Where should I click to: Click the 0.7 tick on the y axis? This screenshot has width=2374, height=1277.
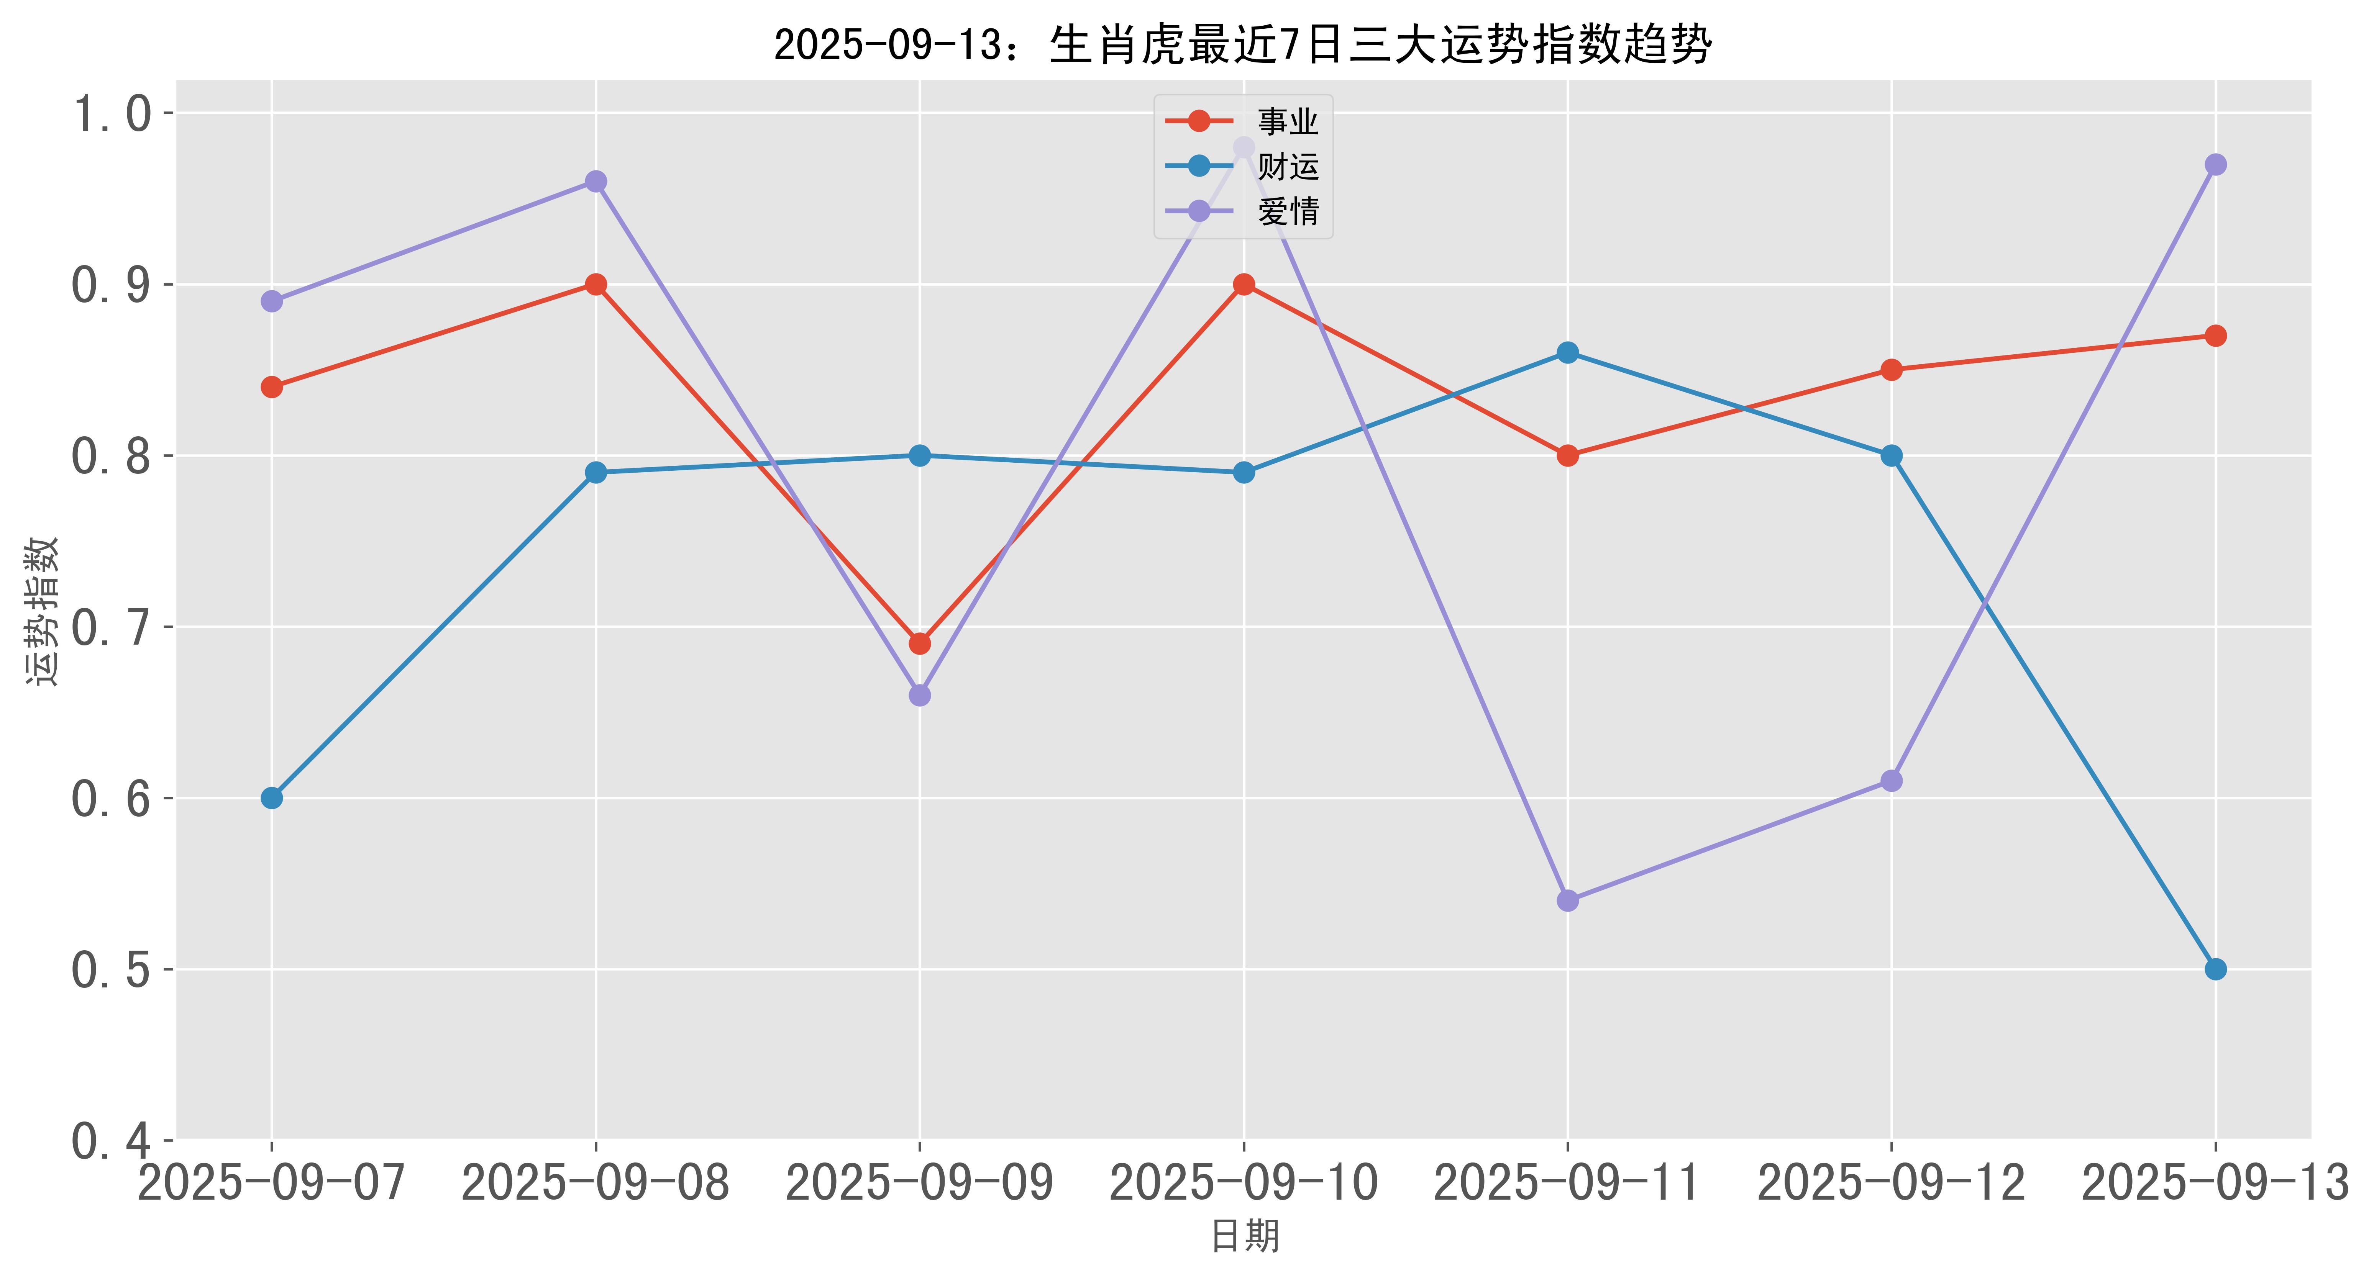click(x=111, y=627)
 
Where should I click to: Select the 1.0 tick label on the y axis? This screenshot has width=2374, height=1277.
click(x=111, y=114)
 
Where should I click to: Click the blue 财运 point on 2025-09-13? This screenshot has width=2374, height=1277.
click(x=2215, y=969)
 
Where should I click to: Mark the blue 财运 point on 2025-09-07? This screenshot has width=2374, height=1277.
click(x=272, y=798)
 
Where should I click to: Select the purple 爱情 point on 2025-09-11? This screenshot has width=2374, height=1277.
click(x=1568, y=900)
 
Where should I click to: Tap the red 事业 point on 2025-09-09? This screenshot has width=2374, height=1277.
click(x=920, y=643)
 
